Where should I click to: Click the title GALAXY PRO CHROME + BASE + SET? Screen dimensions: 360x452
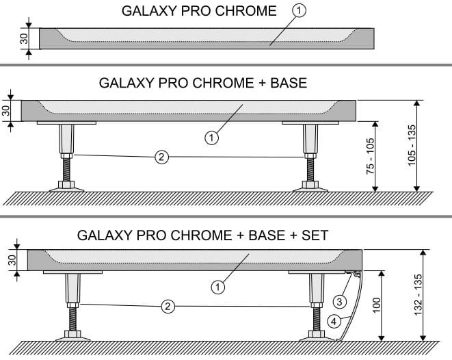[203, 235]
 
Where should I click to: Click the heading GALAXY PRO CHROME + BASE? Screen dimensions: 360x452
[203, 83]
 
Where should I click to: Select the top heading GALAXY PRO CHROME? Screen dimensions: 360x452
[199, 12]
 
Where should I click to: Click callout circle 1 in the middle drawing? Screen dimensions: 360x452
[212, 138]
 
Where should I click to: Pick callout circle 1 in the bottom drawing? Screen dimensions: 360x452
[218, 287]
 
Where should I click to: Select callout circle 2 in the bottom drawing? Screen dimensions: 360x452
[168, 306]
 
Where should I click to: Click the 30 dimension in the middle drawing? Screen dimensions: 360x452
[6, 111]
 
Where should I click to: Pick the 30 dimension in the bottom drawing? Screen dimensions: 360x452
[12, 261]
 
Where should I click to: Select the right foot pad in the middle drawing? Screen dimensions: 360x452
[310, 185]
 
